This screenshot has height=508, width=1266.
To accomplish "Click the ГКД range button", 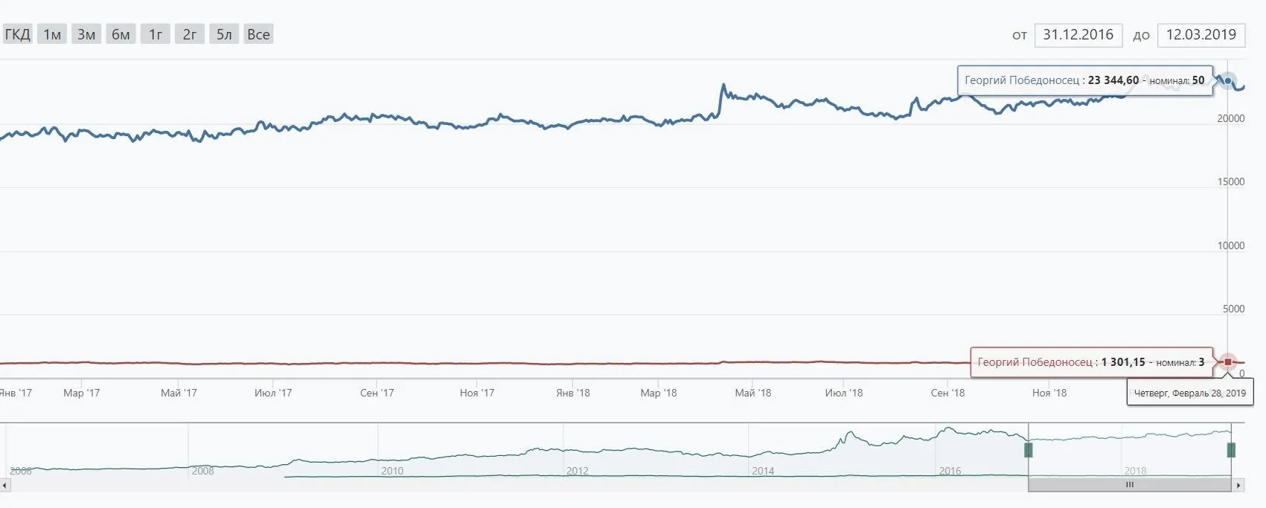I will pyautogui.click(x=17, y=34).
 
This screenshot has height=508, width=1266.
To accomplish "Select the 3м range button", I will pyautogui.click(x=86, y=34).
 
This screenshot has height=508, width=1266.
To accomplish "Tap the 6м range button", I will pyautogui.click(x=121, y=34).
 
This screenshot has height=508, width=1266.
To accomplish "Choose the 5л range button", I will pyautogui.click(x=224, y=34).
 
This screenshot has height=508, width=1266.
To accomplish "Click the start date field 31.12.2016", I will pyautogui.click(x=1078, y=35).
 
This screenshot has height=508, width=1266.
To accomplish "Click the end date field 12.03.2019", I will pyautogui.click(x=1201, y=35).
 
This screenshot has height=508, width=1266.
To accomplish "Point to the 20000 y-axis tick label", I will pyautogui.click(x=1230, y=119).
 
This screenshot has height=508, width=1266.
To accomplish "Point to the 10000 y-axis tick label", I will pyautogui.click(x=1230, y=245).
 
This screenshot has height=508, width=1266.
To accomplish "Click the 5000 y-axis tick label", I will pyautogui.click(x=1233, y=309).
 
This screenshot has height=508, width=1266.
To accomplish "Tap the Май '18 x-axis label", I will pyautogui.click(x=753, y=393).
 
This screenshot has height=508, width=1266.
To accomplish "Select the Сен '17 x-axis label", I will pyautogui.click(x=377, y=393).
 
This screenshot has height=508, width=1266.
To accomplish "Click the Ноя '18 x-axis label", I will pyautogui.click(x=1049, y=393).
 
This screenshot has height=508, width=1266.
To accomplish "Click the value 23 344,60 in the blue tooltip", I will pyautogui.click(x=1113, y=80).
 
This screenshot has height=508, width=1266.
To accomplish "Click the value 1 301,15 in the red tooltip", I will pyautogui.click(x=1123, y=362).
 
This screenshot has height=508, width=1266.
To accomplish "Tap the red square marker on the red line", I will pyautogui.click(x=1227, y=362).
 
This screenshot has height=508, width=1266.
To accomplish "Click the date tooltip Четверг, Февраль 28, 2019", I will pyautogui.click(x=1189, y=393).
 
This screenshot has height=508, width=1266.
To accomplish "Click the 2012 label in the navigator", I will pyautogui.click(x=577, y=471).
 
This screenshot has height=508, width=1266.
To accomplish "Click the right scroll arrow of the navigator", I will pyautogui.click(x=1238, y=485).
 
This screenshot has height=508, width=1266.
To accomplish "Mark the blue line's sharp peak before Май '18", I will pyautogui.click(x=723, y=86).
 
